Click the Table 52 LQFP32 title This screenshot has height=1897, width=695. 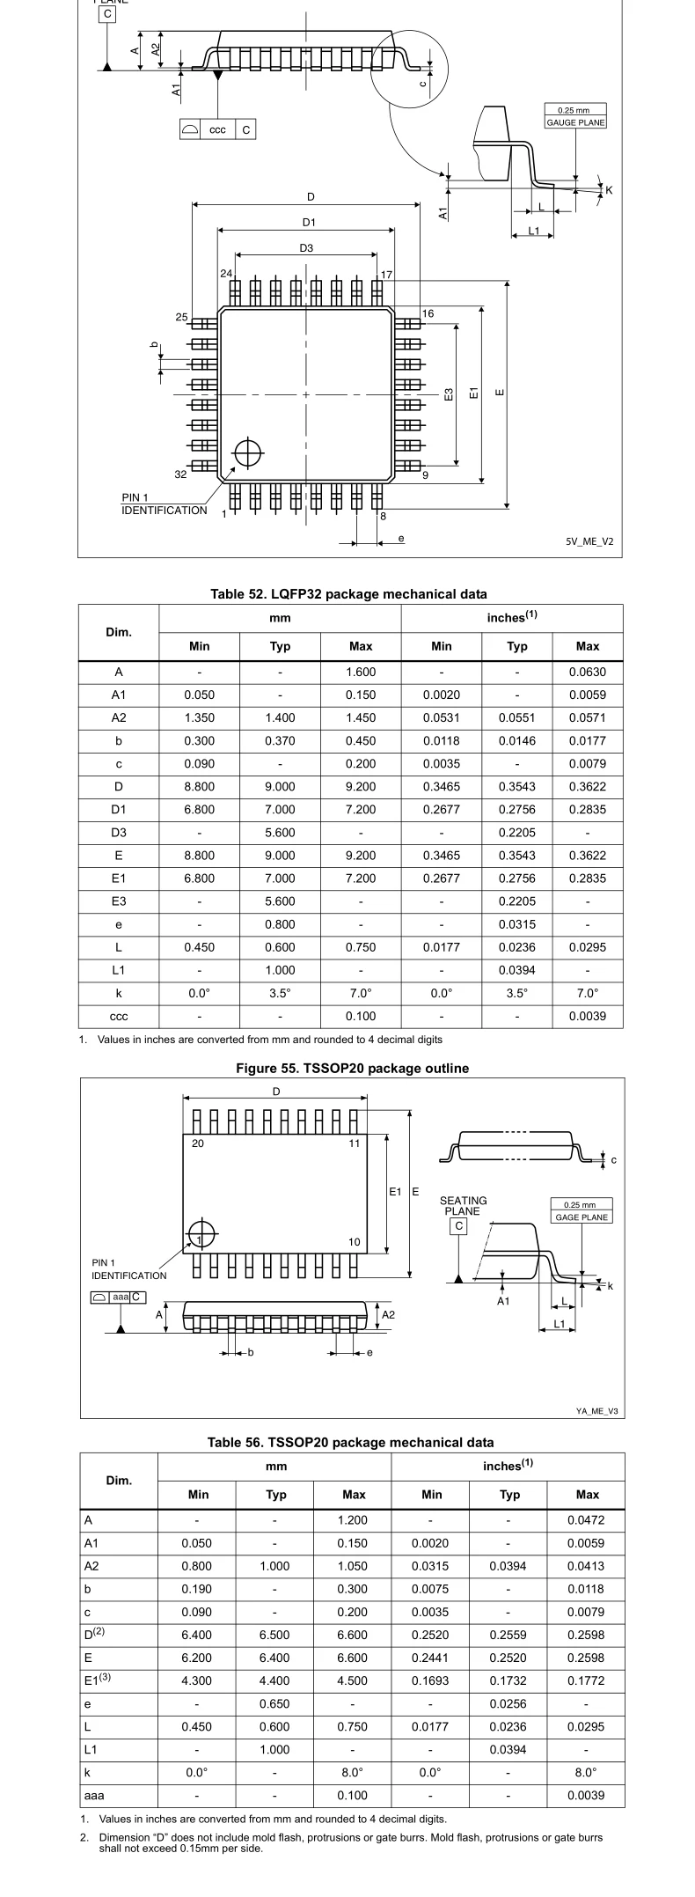tap(348, 594)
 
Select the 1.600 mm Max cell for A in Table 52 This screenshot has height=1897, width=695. tap(361, 672)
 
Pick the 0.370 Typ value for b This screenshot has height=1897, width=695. tap(280, 740)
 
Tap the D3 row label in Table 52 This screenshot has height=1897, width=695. tap(119, 832)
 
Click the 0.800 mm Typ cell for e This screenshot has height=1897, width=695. tap(280, 924)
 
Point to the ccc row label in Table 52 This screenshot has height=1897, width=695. tap(119, 1016)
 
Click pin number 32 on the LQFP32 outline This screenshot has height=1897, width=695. tap(180, 474)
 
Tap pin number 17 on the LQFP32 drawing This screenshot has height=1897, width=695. tap(387, 275)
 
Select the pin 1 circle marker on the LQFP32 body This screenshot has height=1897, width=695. tap(248, 452)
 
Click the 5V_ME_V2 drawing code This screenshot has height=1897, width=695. tap(589, 541)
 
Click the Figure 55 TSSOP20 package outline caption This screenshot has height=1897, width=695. tap(352, 1068)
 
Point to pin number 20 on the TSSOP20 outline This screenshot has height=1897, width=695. tap(198, 1143)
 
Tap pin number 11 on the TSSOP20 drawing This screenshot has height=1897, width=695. tap(355, 1143)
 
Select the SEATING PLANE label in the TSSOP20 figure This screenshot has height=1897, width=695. tap(463, 1206)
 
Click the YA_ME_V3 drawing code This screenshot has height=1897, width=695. tap(597, 1410)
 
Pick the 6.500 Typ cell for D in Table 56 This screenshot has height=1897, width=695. tap(274, 1635)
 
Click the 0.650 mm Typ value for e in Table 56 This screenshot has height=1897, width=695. tap(274, 1703)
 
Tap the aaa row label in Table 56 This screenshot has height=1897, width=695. tap(94, 1795)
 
